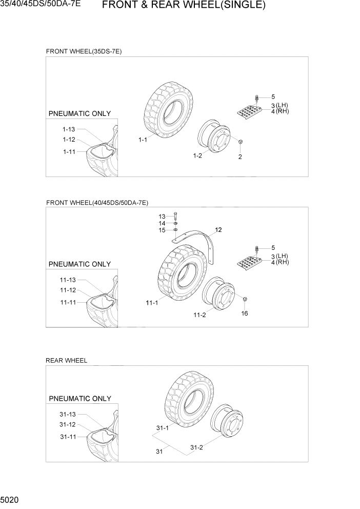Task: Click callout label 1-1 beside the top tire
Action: pos(143,140)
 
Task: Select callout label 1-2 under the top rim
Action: pos(197,156)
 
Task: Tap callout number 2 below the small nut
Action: pos(240,156)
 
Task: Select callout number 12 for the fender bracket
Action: pos(218,230)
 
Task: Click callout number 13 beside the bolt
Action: pos(162,216)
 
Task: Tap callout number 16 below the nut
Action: pos(245,313)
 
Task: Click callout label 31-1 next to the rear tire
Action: pos(163,427)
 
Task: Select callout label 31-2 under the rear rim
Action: pos(196,447)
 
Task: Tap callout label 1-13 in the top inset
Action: pos(69,129)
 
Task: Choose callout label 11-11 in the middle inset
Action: pos(67,302)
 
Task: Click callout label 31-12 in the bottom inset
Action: pos(68,424)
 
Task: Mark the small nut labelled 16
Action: pos(246,299)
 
